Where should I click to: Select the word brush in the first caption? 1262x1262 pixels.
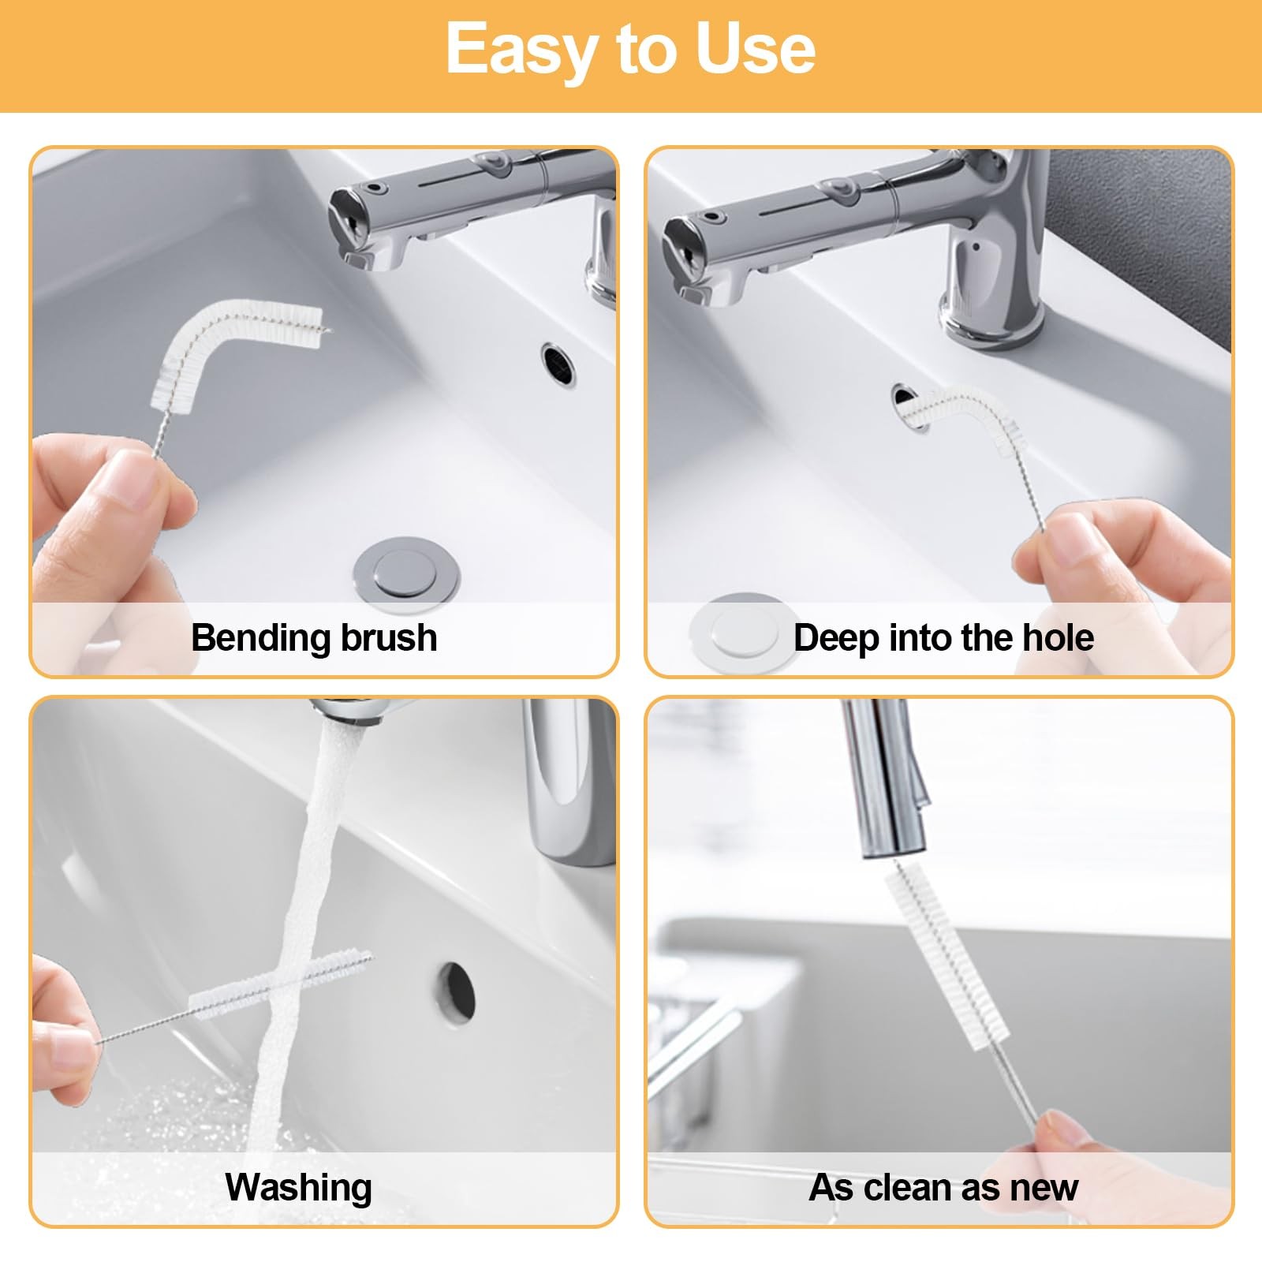389,637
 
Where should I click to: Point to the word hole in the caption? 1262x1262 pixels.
1058,637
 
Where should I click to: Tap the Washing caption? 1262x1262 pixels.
299,1188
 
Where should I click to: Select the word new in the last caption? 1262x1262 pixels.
1043,1189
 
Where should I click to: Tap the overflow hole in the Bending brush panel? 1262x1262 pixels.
558,364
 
